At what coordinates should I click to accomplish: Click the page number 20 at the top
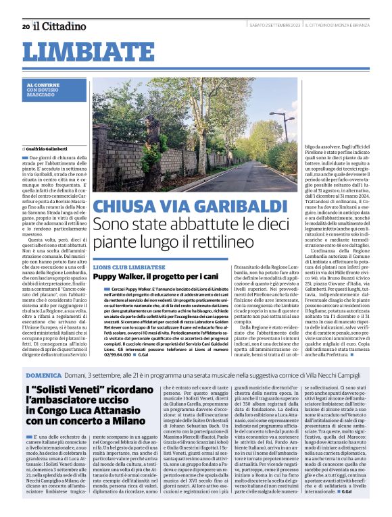coord(26,26)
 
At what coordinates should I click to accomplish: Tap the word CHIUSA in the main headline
coord(128,206)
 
